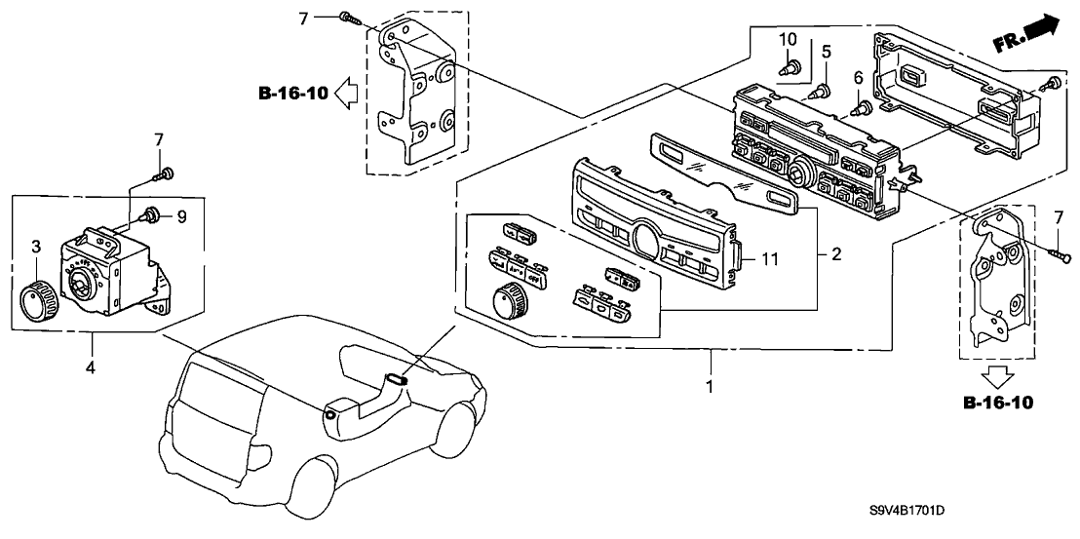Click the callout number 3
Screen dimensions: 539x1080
point(34,244)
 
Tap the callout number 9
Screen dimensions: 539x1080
point(179,216)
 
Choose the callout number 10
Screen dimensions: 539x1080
point(789,39)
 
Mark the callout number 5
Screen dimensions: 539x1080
point(825,50)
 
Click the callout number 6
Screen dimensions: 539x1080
point(858,76)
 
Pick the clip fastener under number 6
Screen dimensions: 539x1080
point(861,108)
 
